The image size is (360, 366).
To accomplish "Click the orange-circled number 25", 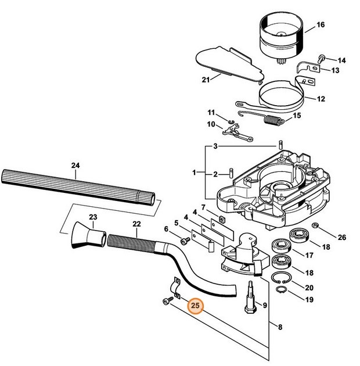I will coord(196,306).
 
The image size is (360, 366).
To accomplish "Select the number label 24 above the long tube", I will coord(75,165).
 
